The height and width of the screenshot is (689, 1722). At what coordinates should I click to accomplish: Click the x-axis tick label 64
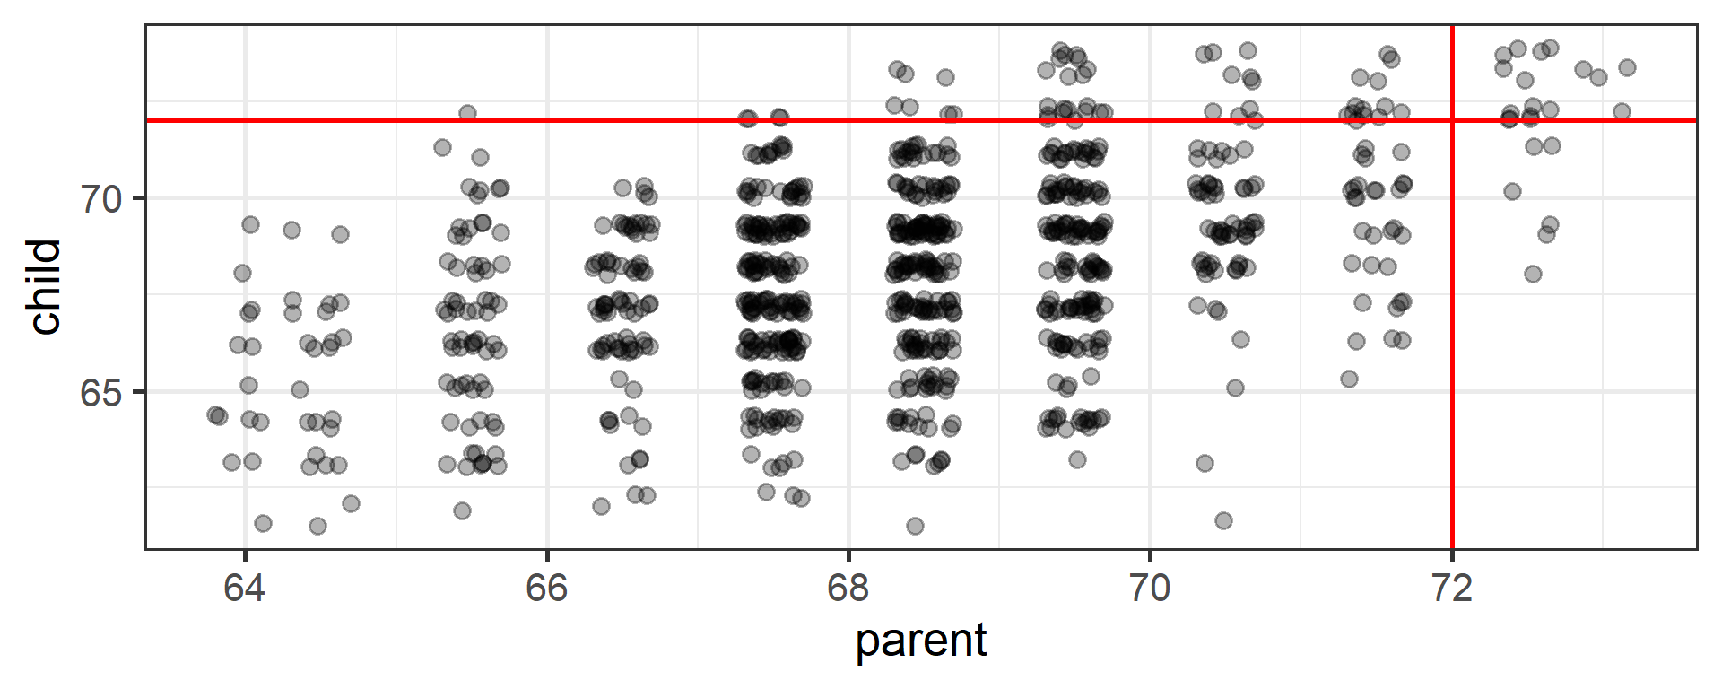click(x=244, y=589)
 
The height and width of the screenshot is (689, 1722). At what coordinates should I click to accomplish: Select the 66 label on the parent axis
click(x=546, y=589)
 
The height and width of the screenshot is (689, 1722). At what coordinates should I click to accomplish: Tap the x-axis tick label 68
click(x=848, y=589)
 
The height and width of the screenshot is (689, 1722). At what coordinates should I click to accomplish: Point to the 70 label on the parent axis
click(x=1150, y=589)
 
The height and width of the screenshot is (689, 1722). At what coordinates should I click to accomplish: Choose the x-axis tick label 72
click(x=1451, y=589)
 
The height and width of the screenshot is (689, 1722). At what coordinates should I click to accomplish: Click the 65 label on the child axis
click(x=100, y=393)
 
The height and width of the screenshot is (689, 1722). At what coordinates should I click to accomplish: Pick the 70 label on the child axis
click(x=100, y=199)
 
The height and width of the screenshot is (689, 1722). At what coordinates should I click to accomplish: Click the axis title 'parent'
click(x=921, y=641)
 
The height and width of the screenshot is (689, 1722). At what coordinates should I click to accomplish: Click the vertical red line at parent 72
click(x=1452, y=359)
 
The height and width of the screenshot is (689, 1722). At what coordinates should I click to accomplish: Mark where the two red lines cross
click(x=1452, y=120)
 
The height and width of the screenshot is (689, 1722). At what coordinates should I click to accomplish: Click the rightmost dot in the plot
click(x=1627, y=67)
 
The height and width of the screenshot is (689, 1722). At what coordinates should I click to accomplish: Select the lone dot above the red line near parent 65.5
click(x=467, y=113)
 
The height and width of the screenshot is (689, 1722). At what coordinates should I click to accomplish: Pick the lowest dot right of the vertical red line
click(x=1533, y=274)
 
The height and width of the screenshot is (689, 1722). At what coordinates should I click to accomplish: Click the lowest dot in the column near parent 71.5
click(x=1349, y=379)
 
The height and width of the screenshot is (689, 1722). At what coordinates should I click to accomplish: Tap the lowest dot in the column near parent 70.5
click(x=1223, y=520)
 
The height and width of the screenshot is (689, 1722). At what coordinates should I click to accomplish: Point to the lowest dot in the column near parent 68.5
click(x=915, y=526)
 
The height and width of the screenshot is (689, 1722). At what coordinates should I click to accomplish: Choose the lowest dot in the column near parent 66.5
click(x=601, y=506)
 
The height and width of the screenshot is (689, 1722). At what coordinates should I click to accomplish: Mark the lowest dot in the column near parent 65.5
click(x=462, y=510)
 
